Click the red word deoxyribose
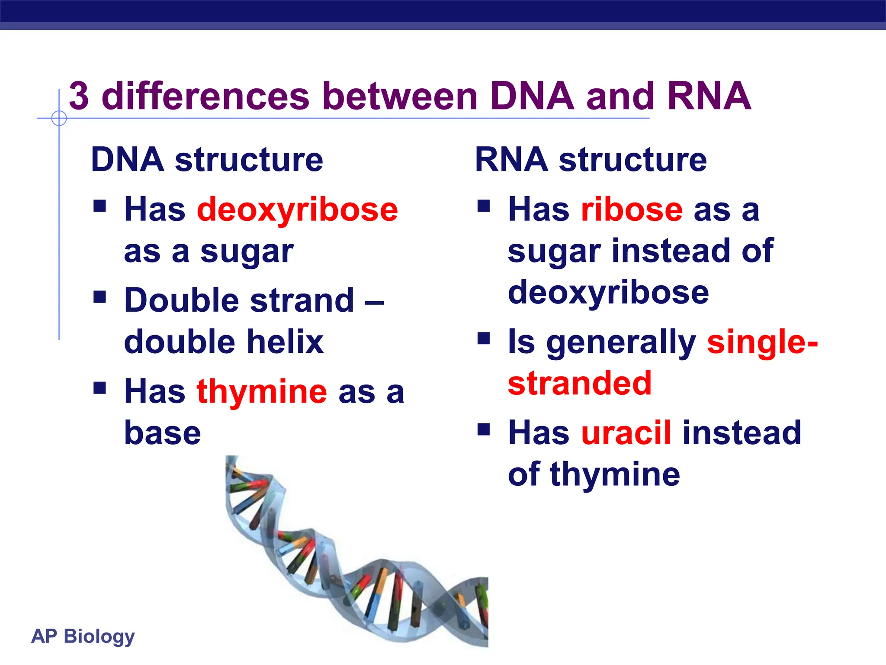(297, 210)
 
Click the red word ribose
(632, 210)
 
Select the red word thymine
(262, 392)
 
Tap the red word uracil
(626, 433)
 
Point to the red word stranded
(579, 384)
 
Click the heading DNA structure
(207, 160)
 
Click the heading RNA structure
(591, 160)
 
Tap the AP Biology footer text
(83, 636)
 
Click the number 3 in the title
(79, 96)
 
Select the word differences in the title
(205, 96)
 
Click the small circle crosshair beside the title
(59, 118)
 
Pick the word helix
(285, 342)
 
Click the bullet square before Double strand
(100, 297)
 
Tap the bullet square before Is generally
(484, 338)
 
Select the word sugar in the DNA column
(247, 252)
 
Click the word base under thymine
(162, 433)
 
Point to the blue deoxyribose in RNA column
(608, 292)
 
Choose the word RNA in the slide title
(709, 96)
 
